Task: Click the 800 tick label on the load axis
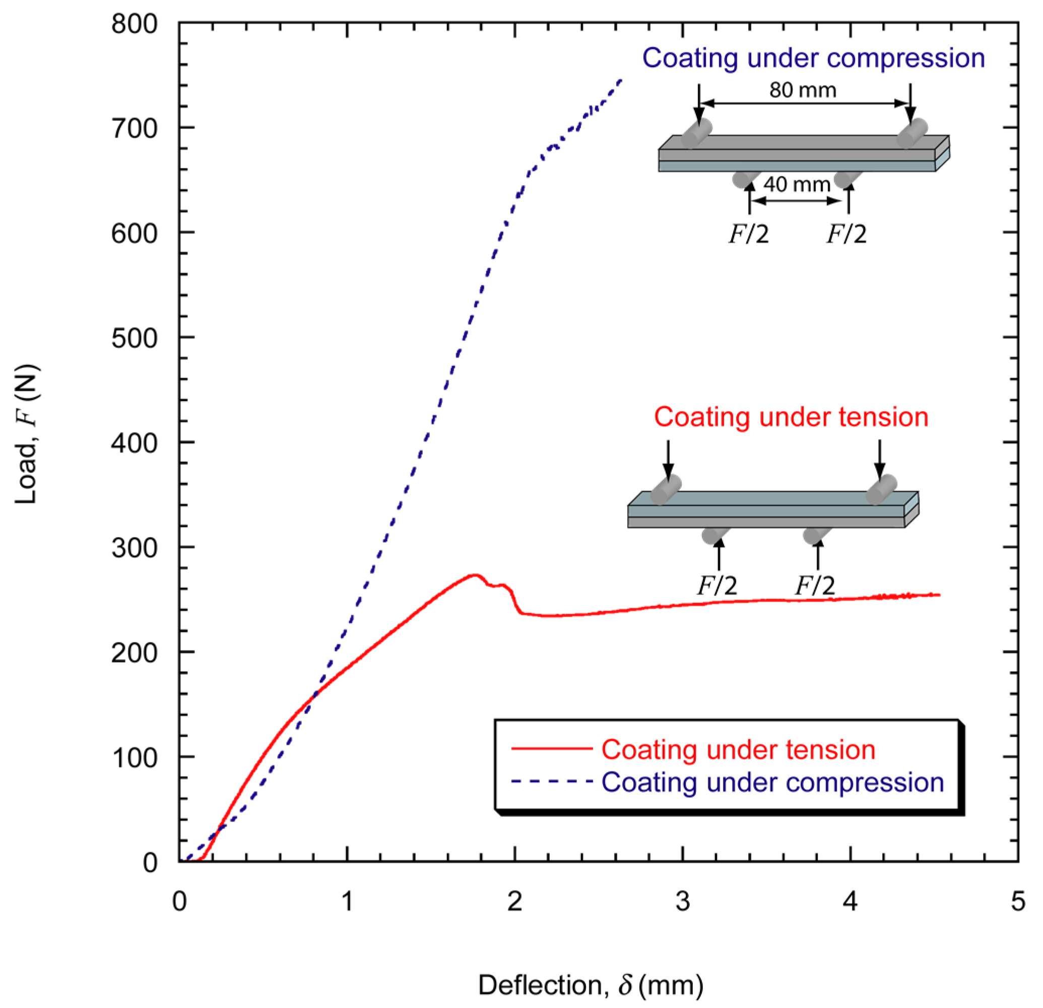click(x=134, y=25)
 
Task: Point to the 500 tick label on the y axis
click(x=134, y=339)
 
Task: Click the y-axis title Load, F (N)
click(x=27, y=434)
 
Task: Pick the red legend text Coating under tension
click(x=738, y=750)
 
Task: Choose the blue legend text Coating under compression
click(x=772, y=782)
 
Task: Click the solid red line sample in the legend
click(x=551, y=749)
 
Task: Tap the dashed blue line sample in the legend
click(x=551, y=782)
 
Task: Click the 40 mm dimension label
click(x=797, y=184)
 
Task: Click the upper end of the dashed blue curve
click(x=621, y=80)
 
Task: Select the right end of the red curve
click(x=939, y=595)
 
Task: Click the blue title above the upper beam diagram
click(x=813, y=57)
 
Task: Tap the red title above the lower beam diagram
click(x=791, y=417)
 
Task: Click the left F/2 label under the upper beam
click(x=749, y=234)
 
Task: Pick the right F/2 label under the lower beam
click(x=815, y=586)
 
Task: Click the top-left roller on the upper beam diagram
click(x=696, y=133)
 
